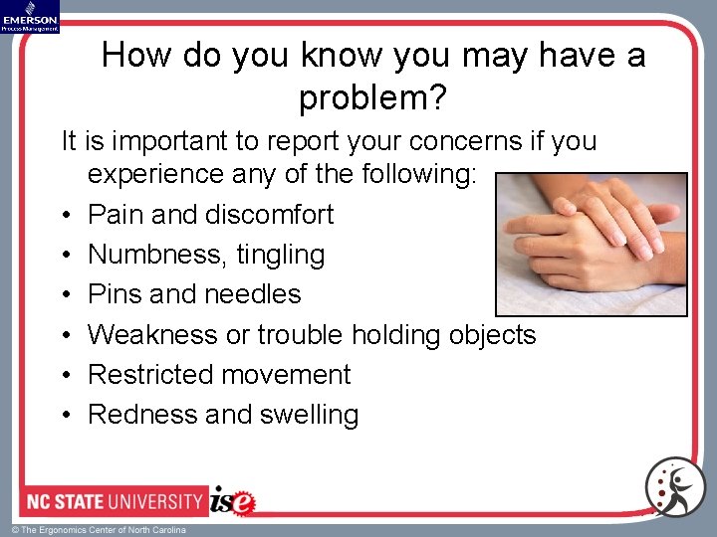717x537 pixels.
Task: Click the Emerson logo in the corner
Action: click(30, 17)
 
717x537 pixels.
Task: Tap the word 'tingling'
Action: click(281, 255)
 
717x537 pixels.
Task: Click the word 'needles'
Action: click(252, 294)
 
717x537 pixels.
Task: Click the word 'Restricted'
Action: click(150, 375)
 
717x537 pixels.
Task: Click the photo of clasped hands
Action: click(592, 245)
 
